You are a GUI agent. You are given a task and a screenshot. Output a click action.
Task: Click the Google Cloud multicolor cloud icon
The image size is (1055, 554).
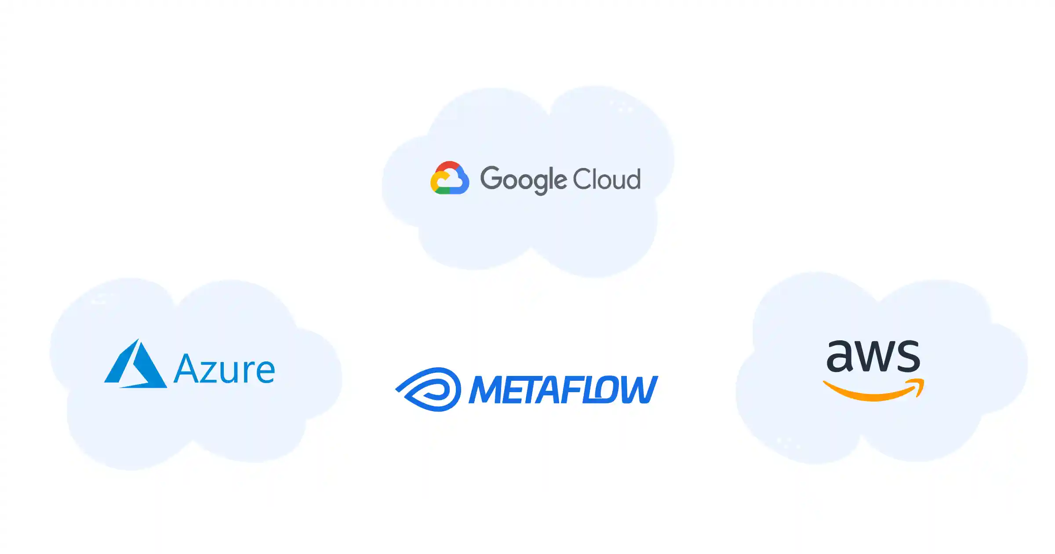click(x=449, y=178)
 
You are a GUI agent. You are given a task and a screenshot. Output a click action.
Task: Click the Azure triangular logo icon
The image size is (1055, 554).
click(x=135, y=364)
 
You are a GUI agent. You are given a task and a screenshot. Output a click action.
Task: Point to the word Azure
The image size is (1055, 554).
click(x=225, y=369)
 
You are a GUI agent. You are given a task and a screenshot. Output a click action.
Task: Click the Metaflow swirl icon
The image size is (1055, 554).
click(x=428, y=389)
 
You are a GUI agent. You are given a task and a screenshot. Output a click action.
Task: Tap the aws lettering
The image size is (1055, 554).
click(x=873, y=356)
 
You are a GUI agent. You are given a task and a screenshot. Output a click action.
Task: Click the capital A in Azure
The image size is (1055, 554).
click(x=188, y=368)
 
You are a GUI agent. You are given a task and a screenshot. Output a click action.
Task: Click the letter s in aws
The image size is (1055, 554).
click(x=908, y=356)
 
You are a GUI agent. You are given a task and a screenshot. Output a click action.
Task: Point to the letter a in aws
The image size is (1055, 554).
click(x=839, y=356)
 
